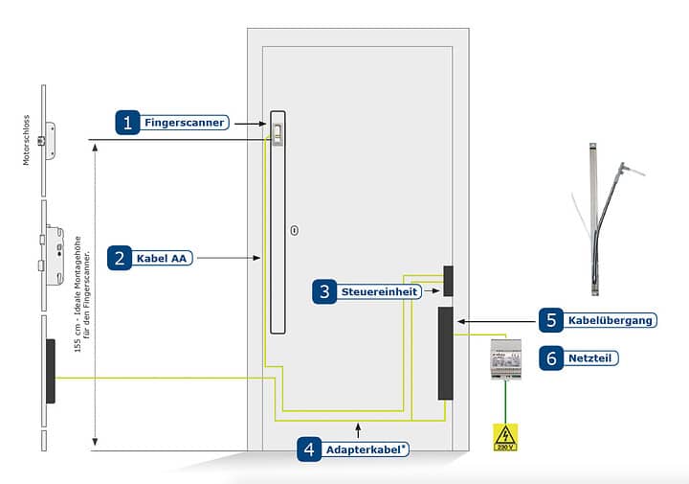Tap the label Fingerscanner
click(x=185, y=123)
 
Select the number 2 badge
click(x=120, y=257)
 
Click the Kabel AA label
click(x=162, y=258)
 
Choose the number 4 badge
click(x=308, y=449)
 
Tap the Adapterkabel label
click(x=367, y=449)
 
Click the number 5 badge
click(x=550, y=320)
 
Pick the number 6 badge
click(x=550, y=357)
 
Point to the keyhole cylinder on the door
click(x=295, y=230)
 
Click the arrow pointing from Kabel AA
click(x=231, y=258)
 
